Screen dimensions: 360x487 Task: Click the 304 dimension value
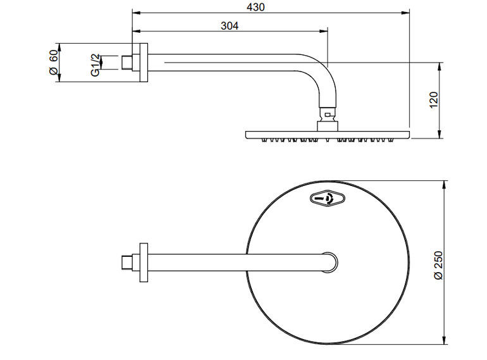click(x=229, y=25)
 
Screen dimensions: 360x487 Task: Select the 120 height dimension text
click(x=433, y=99)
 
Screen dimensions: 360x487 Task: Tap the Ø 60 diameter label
click(x=54, y=62)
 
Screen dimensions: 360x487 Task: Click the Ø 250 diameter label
click(x=439, y=267)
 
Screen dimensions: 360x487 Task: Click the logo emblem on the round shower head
click(x=328, y=199)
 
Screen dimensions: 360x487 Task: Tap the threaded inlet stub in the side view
click(x=128, y=62)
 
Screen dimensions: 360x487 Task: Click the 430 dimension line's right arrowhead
click(x=407, y=12)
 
